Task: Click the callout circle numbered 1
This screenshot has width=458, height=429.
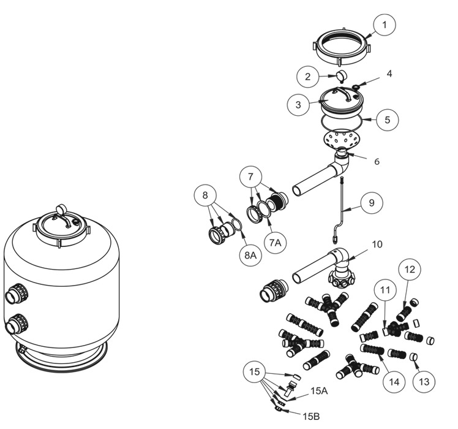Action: (x=385, y=25)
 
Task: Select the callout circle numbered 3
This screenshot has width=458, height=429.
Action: (x=299, y=105)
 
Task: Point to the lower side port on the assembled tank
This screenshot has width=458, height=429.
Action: (x=15, y=325)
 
